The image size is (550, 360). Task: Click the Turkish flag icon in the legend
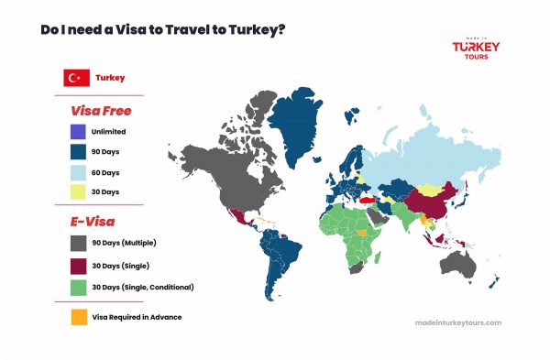click(x=75, y=79)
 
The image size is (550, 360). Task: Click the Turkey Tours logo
click(x=477, y=46)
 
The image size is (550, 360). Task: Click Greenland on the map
click(x=309, y=128)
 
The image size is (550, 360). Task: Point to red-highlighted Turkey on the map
click(x=368, y=196)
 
